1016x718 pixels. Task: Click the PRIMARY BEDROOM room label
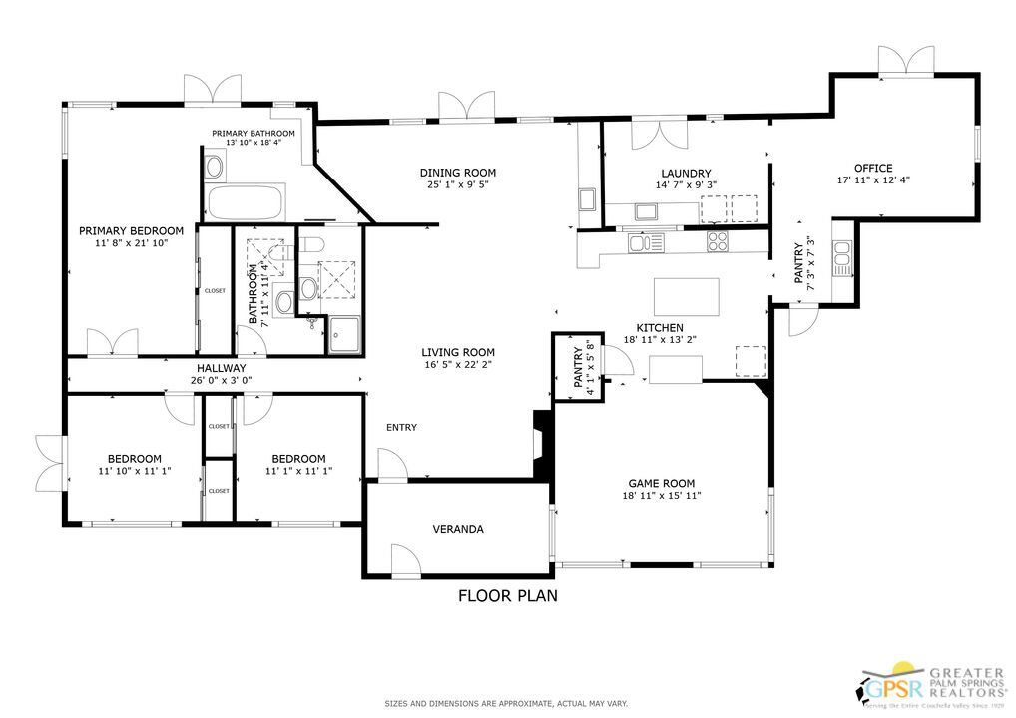[131, 230]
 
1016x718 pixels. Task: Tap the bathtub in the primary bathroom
[245, 203]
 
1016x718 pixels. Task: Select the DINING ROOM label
[457, 173]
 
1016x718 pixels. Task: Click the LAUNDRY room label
[685, 173]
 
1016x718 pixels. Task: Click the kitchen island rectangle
[686, 297]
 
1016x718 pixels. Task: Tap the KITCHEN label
[660, 328]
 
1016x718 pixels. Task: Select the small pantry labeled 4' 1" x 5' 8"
[578, 367]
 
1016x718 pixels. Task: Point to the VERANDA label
[458, 529]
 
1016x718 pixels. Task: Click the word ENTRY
[401, 428]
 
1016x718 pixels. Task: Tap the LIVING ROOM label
[457, 352]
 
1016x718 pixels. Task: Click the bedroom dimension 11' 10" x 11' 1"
[135, 471]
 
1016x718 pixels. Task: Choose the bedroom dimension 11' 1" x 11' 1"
[299, 471]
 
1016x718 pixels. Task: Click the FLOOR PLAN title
[507, 596]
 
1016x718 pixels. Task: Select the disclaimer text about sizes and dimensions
[507, 704]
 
